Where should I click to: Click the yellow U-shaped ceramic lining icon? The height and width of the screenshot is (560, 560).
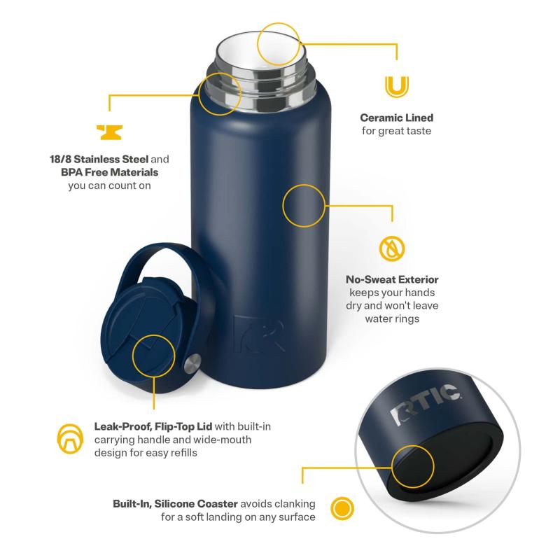[x=396, y=87]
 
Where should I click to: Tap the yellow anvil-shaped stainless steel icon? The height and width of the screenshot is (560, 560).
[x=110, y=132]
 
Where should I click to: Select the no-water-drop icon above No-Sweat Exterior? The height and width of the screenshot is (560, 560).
[x=392, y=248]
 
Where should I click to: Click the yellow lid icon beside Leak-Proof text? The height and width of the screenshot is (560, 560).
[x=70, y=439]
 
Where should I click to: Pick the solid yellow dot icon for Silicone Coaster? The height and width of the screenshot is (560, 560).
[x=342, y=508]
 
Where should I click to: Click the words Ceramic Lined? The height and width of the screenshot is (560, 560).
[x=396, y=118]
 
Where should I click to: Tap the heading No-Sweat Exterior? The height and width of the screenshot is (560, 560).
[x=392, y=279]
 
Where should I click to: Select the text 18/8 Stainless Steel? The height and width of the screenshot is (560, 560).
[x=99, y=159]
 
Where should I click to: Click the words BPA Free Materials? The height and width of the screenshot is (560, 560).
[x=109, y=172]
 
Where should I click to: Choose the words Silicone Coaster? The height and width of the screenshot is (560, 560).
[x=196, y=503]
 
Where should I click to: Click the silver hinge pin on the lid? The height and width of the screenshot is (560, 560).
[x=192, y=364]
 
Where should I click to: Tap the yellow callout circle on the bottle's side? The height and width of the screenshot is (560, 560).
[x=304, y=206]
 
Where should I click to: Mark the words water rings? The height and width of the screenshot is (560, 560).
[x=392, y=318]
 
